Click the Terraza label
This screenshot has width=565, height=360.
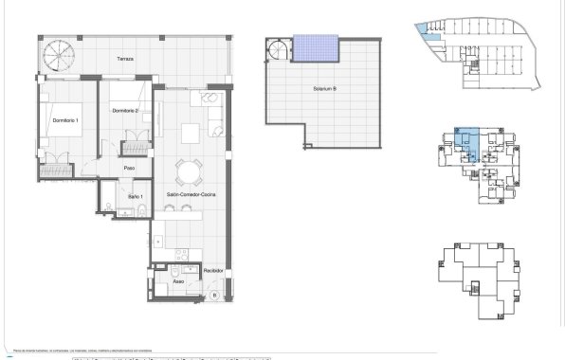(x=125, y=59)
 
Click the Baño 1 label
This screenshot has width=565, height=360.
(x=135, y=197)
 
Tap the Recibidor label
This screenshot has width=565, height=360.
(x=213, y=270)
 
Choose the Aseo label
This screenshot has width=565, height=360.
(x=178, y=282)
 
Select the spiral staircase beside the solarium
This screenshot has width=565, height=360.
(x=277, y=48)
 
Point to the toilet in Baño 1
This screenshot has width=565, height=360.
(x=138, y=208)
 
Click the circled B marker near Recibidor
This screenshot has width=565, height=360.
(x=214, y=295)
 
